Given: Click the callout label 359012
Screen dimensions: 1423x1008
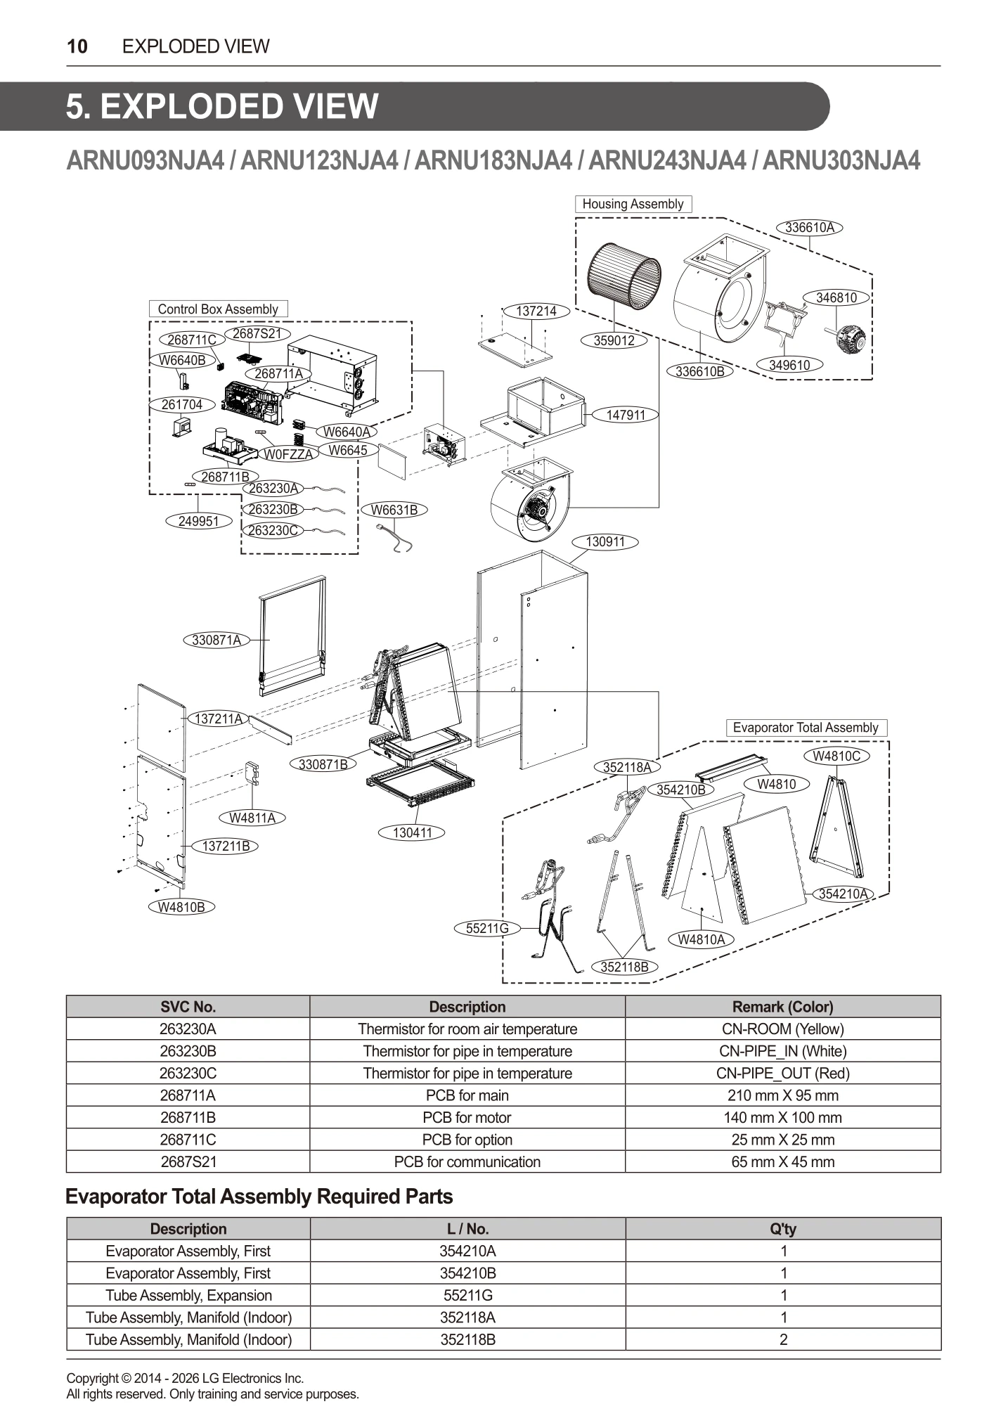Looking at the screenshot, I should click(x=614, y=340).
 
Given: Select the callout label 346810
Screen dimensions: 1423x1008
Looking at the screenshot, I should click(x=836, y=297).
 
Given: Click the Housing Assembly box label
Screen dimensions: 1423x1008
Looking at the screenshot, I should click(x=633, y=204).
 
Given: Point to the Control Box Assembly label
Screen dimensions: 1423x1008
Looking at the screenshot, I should click(x=218, y=309).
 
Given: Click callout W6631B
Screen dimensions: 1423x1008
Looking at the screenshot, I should click(x=394, y=510).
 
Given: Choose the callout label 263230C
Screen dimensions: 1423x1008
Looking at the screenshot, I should click(x=273, y=530).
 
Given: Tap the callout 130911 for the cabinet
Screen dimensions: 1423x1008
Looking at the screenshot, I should click(x=605, y=542).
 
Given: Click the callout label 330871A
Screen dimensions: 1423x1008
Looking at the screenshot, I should click(x=217, y=640).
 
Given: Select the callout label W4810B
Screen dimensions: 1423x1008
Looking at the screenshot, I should click(x=181, y=906).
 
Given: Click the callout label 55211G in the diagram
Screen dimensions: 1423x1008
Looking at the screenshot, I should click(x=487, y=928).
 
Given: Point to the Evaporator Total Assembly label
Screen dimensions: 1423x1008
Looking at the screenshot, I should click(x=806, y=728).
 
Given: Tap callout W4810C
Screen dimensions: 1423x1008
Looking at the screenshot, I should click(x=836, y=756).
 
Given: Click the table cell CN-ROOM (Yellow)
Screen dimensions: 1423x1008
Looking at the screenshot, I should click(x=782, y=1029).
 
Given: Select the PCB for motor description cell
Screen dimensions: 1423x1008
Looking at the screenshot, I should click(x=467, y=1118).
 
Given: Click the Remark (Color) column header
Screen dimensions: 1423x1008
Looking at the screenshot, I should click(x=782, y=1007).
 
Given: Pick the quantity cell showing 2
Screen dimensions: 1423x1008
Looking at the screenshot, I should click(x=783, y=1339).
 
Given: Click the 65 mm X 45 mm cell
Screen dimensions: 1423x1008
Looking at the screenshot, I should click(x=782, y=1162).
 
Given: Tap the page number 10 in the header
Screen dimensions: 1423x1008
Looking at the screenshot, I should click(x=77, y=46).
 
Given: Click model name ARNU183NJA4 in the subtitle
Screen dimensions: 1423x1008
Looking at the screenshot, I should click(x=493, y=161).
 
